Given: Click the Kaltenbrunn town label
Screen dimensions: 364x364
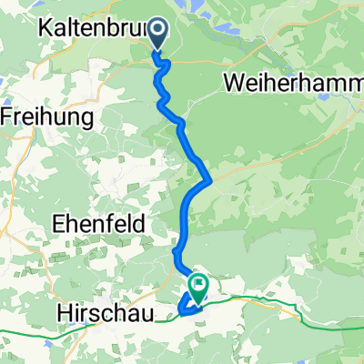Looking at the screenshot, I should tap(91, 29).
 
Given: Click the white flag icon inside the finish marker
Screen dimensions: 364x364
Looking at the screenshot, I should tap(198, 287).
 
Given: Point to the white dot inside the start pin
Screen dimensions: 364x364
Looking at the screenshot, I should tap(158, 32).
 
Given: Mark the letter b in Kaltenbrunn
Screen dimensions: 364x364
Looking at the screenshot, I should tap(118, 29).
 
